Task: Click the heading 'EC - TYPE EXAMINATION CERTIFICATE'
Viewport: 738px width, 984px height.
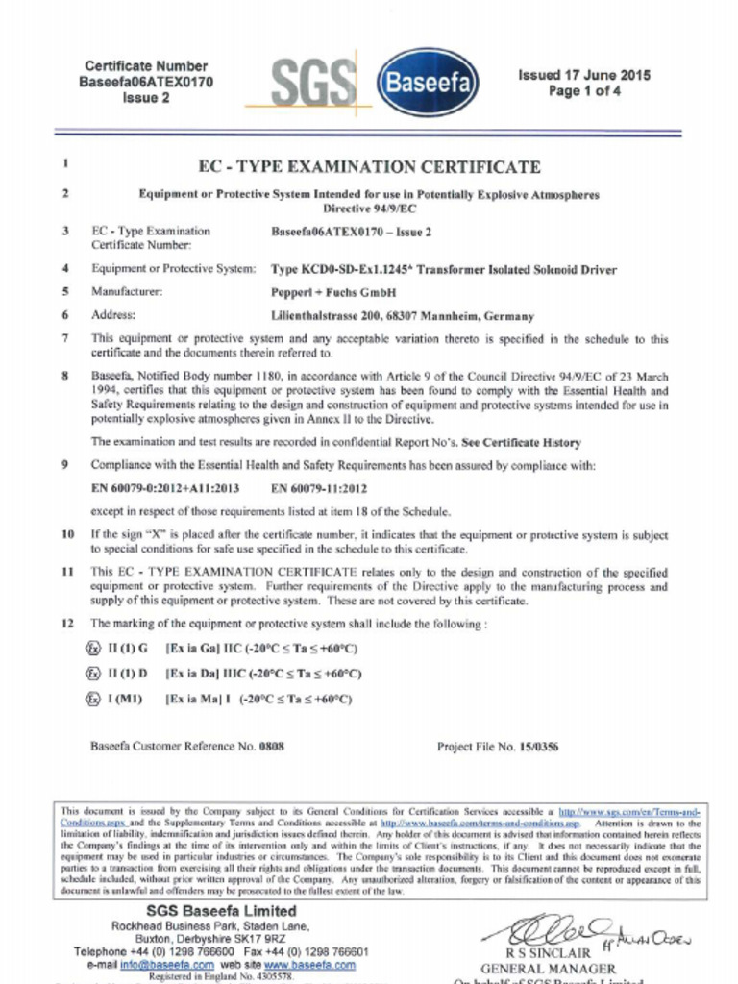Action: [x=369, y=166]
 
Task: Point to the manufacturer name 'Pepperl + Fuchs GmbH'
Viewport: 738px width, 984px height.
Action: [x=333, y=291]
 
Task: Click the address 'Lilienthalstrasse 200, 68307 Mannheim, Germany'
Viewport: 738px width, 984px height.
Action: [x=403, y=315]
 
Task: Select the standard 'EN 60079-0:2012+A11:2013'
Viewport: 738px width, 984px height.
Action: [x=165, y=488]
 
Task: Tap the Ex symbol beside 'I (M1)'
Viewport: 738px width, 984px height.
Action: [x=93, y=699]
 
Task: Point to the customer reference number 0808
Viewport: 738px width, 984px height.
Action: [x=275, y=745]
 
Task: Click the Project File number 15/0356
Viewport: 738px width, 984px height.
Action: [x=538, y=745]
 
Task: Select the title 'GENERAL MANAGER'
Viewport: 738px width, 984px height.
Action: [x=548, y=969]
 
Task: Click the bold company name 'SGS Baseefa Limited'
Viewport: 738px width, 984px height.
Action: [x=221, y=910]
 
